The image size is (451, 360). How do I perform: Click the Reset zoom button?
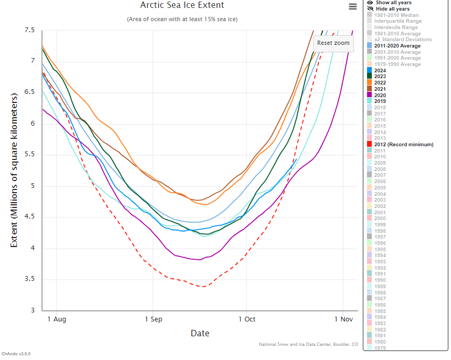pos(333,43)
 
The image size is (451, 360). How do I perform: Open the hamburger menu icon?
pos(353,6)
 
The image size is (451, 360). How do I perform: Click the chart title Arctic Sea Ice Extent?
pos(182,5)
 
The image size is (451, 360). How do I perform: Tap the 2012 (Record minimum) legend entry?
pos(403,144)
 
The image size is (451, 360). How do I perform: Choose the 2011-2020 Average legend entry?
pos(398,46)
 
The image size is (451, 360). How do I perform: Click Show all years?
pos(393,3)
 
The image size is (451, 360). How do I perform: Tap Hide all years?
pos(392,9)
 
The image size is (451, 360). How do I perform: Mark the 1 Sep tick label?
pos(154,319)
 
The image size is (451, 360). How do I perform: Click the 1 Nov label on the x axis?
pos(343,319)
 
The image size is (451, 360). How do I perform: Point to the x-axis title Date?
pos(200,333)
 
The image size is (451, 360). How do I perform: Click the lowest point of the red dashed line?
pos(203,287)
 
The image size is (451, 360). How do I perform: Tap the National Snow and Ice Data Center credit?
pos(308,344)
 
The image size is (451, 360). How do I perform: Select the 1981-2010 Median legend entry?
pos(396,15)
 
